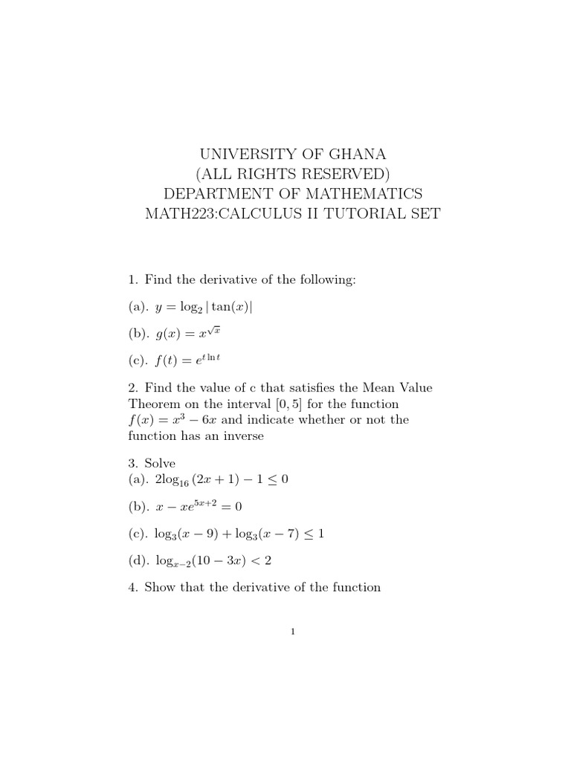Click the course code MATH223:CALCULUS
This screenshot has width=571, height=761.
pyautogui.click(x=224, y=215)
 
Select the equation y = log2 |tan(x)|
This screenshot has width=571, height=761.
pyautogui.click(x=206, y=308)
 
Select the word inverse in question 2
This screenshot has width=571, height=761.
pyautogui.click(x=239, y=436)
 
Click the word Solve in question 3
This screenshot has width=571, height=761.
pyautogui.click(x=159, y=464)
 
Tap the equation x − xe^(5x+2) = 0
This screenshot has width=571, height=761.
pyautogui.click(x=199, y=506)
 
